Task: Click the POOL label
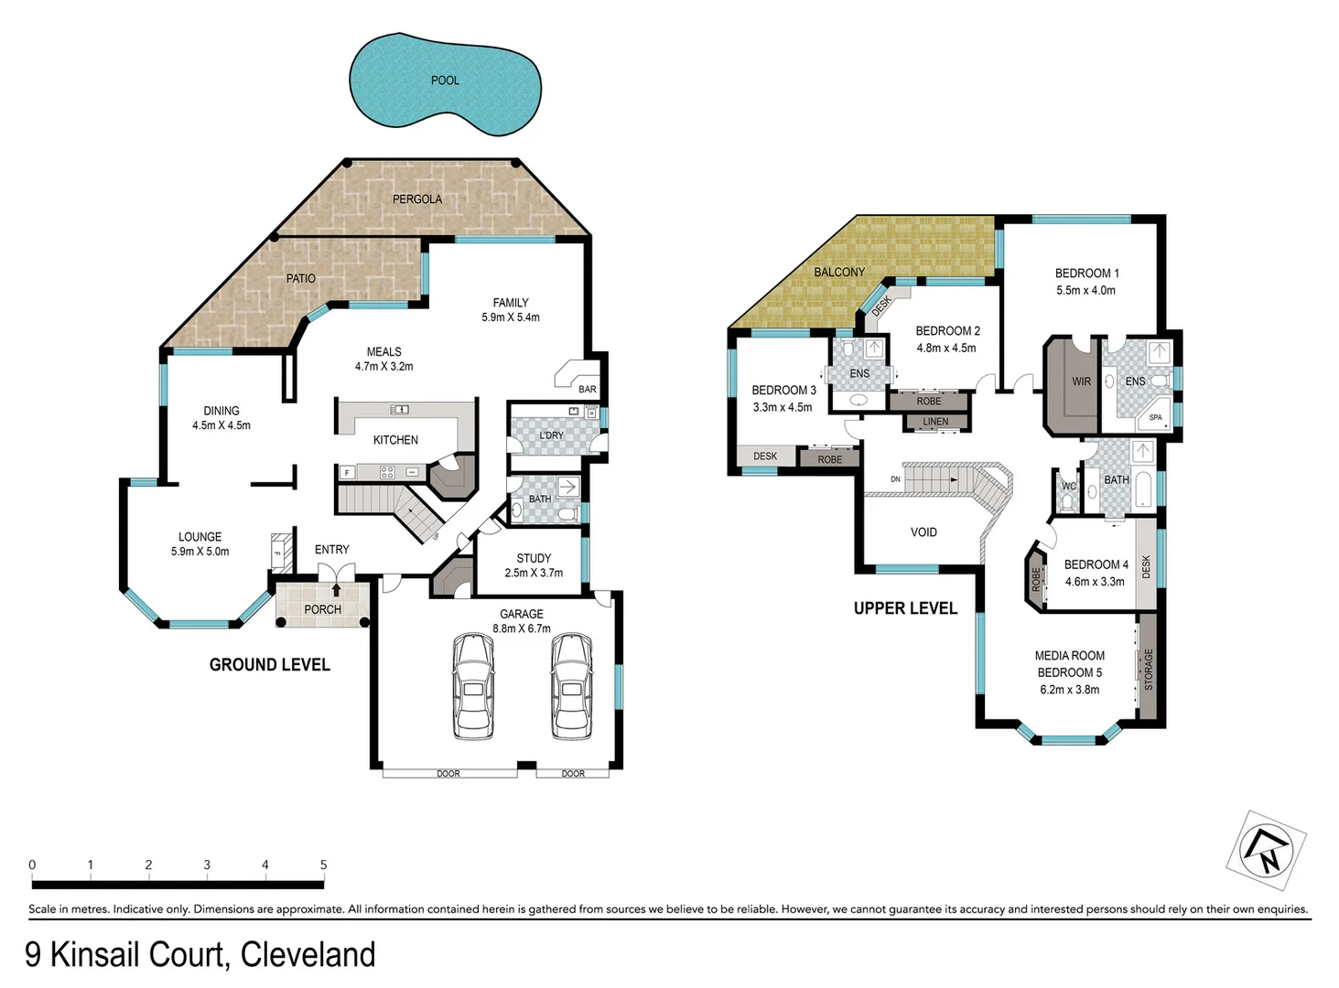click(445, 81)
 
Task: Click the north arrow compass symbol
click(1267, 850)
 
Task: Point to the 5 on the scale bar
click(323, 864)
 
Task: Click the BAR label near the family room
click(587, 389)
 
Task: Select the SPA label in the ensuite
click(1155, 417)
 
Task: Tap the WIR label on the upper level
click(1081, 381)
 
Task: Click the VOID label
click(923, 532)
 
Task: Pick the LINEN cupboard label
click(935, 422)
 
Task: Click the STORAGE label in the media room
click(1149, 670)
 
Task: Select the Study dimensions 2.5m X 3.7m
click(534, 574)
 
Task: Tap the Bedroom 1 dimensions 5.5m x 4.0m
click(1085, 290)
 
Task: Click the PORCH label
click(322, 609)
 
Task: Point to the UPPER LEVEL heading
click(905, 608)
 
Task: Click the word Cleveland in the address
click(308, 954)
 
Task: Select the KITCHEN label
click(395, 440)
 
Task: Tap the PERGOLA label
click(417, 199)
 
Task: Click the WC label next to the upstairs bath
click(1068, 487)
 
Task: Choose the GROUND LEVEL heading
click(269, 665)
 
